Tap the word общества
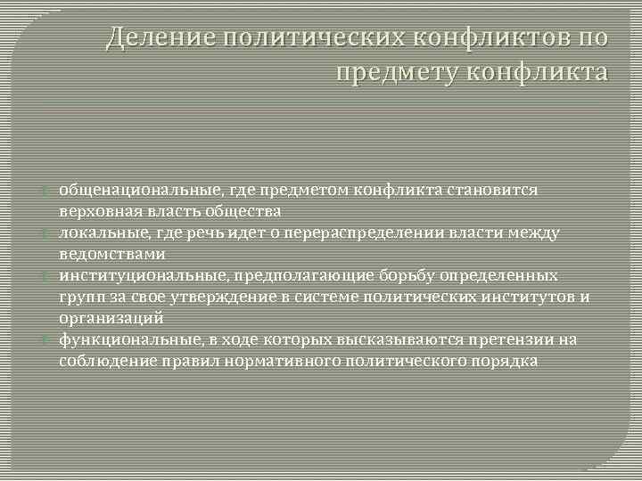(243, 211)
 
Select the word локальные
(98, 232)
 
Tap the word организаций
(111, 318)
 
